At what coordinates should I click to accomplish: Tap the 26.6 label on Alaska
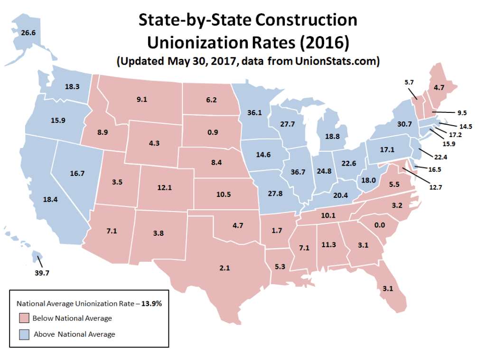point(28,33)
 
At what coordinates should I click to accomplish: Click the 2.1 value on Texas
point(224,268)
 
